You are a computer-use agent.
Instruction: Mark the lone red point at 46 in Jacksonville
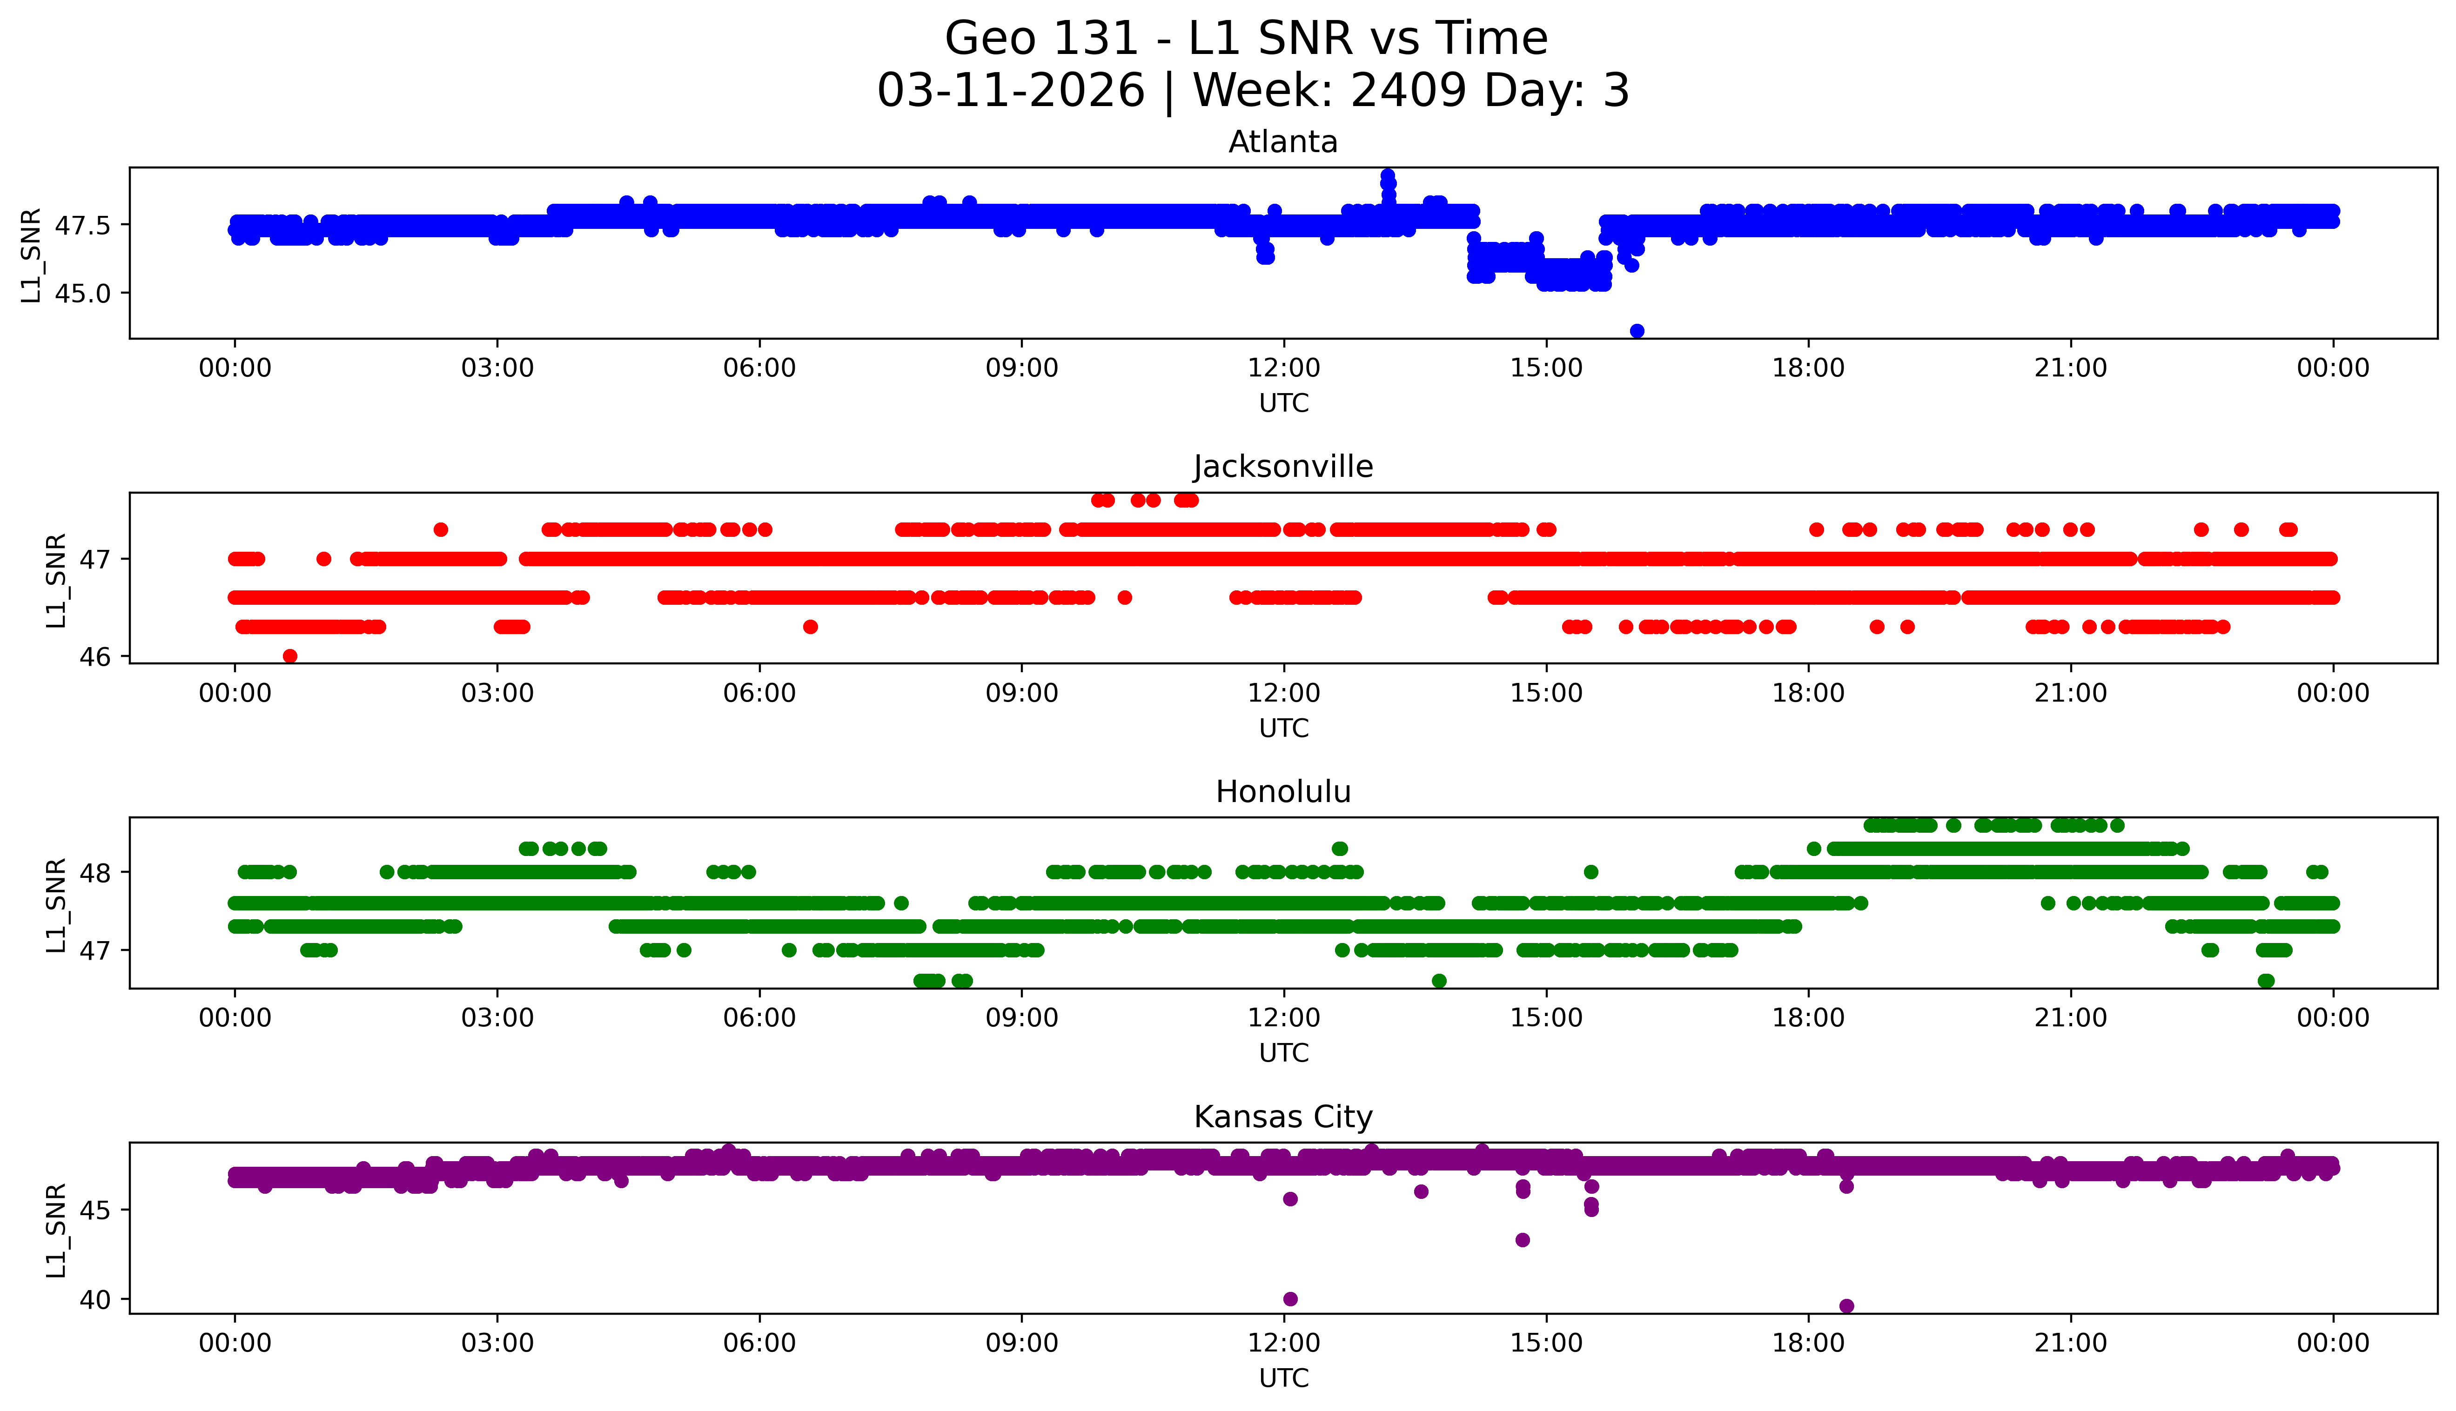click(x=290, y=656)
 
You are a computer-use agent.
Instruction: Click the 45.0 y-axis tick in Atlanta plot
click(x=82, y=293)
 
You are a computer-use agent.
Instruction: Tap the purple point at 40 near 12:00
click(x=1290, y=1298)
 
